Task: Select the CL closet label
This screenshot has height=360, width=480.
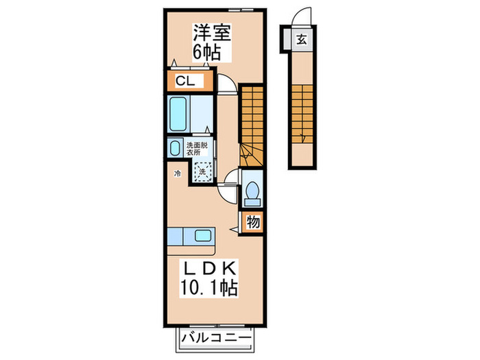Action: click(x=184, y=82)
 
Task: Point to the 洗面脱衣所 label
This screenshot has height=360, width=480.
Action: click(x=198, y=149)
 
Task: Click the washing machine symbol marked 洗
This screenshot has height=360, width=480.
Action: click(x=203, y=171)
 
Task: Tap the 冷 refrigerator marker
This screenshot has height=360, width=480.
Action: click(x=176, y=174)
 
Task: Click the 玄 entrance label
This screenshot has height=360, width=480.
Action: click(x=301, y=39)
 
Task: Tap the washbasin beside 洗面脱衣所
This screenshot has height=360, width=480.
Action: click(x=172, y=147)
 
